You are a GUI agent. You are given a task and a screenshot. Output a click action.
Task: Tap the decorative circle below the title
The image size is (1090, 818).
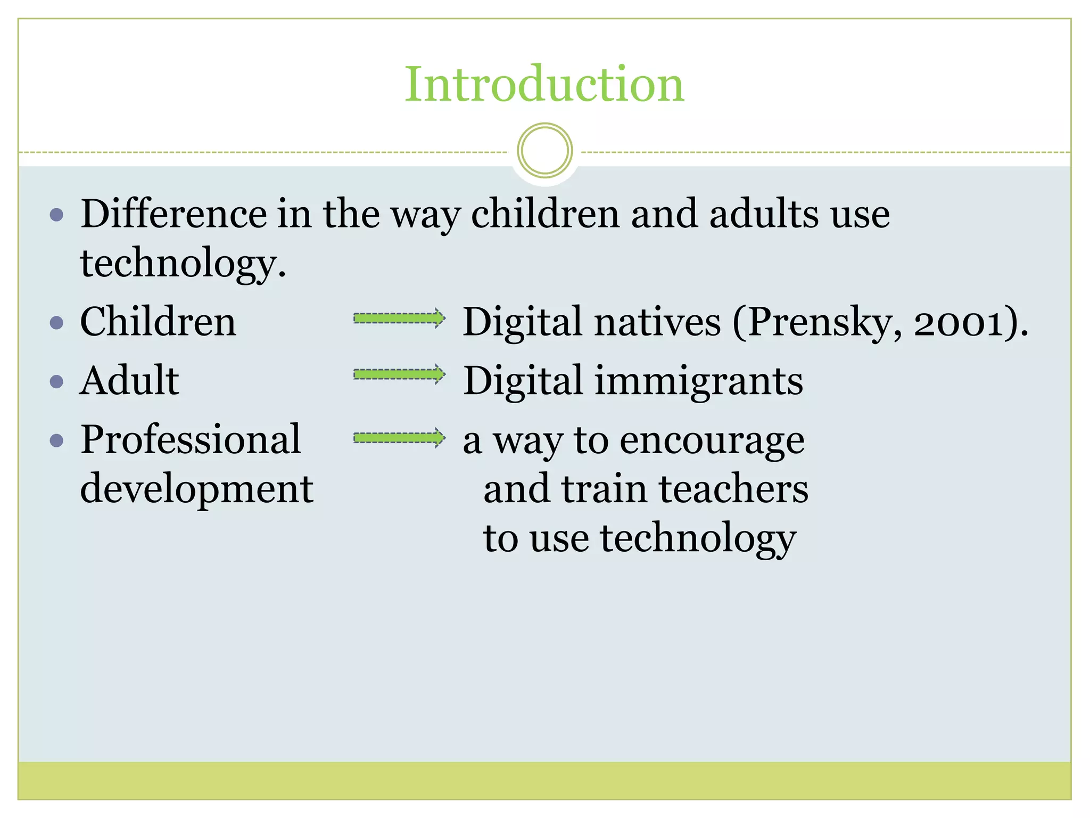tap(544, 151)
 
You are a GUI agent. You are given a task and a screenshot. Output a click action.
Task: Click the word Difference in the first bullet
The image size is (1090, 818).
tap(173, 214)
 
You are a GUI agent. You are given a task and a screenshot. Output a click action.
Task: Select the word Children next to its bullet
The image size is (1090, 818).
tap(158, 322)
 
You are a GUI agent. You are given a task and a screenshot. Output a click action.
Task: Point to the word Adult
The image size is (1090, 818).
tap(129, 381)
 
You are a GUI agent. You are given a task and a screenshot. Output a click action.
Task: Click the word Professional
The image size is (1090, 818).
tap(191, 439)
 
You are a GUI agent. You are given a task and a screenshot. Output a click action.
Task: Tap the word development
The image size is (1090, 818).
tap(196, 489)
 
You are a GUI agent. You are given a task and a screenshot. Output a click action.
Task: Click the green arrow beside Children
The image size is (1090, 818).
tap(399, 318)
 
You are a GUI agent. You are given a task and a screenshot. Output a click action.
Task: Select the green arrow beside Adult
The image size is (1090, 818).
tap(399, 375)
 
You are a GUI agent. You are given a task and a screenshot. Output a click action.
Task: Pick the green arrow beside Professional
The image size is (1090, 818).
tap(399, 438)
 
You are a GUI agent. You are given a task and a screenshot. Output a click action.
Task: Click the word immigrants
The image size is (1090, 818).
tap(698, 382)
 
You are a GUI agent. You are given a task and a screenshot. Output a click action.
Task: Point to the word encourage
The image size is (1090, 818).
tap(712, 442)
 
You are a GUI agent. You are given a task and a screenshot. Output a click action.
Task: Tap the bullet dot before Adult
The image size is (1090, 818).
tap(56, 381)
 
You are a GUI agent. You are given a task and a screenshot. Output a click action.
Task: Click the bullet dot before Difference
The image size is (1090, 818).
tap(56, 215)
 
